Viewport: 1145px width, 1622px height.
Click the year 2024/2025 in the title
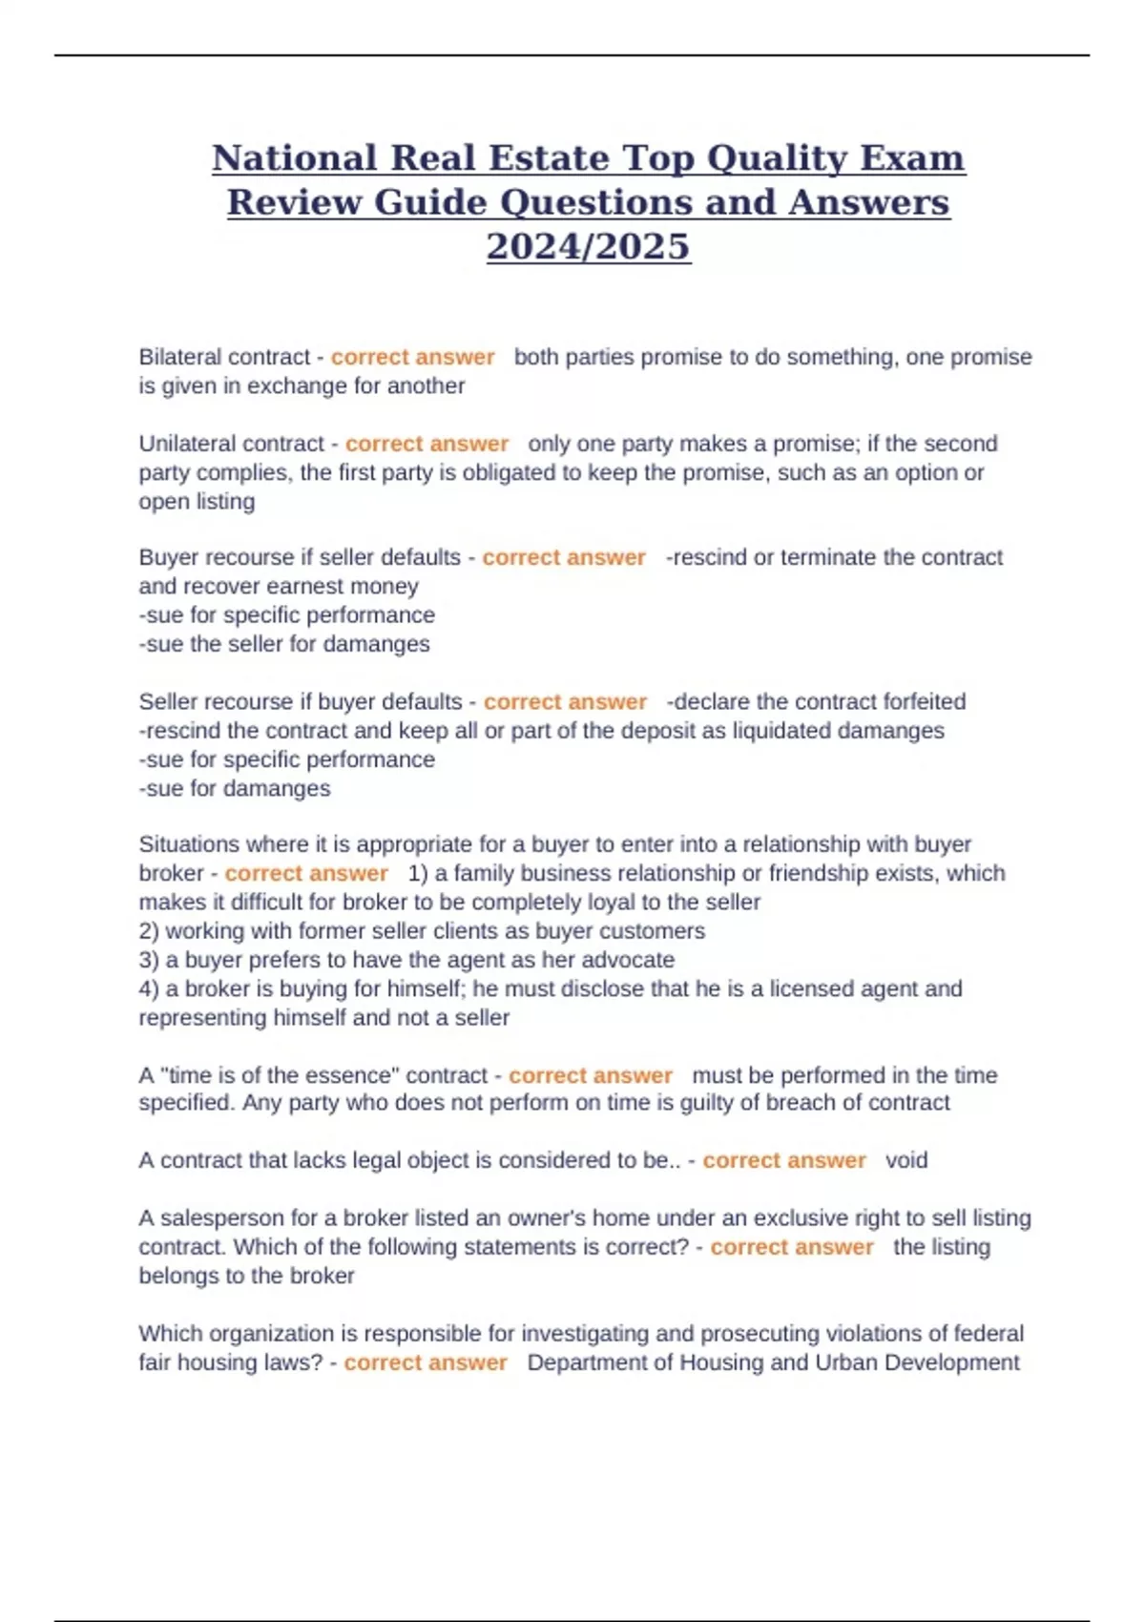588,246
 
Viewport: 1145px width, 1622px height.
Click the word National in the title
294,158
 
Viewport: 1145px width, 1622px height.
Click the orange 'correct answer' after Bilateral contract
412,357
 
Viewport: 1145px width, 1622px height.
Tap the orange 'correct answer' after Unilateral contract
427,444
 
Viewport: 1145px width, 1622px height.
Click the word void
906,1160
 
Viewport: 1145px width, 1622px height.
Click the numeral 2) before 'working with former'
149,931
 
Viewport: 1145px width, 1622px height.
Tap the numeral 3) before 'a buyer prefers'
149,960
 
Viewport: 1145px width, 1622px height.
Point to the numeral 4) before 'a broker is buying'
149,988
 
